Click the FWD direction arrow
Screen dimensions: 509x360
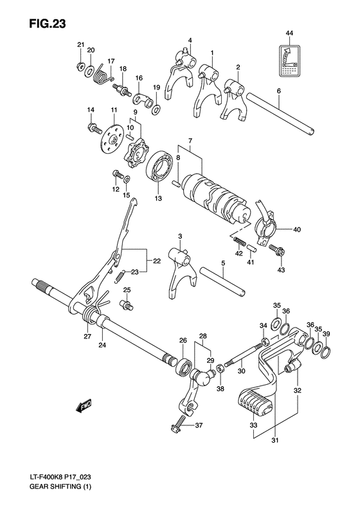[x=84, y=406]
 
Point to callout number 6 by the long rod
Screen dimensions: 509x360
[x=279, y=91]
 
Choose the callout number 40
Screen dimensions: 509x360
[x=296, y=229]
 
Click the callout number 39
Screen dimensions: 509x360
[x=327, y=334]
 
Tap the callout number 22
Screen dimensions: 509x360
[x=156, y=261]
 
